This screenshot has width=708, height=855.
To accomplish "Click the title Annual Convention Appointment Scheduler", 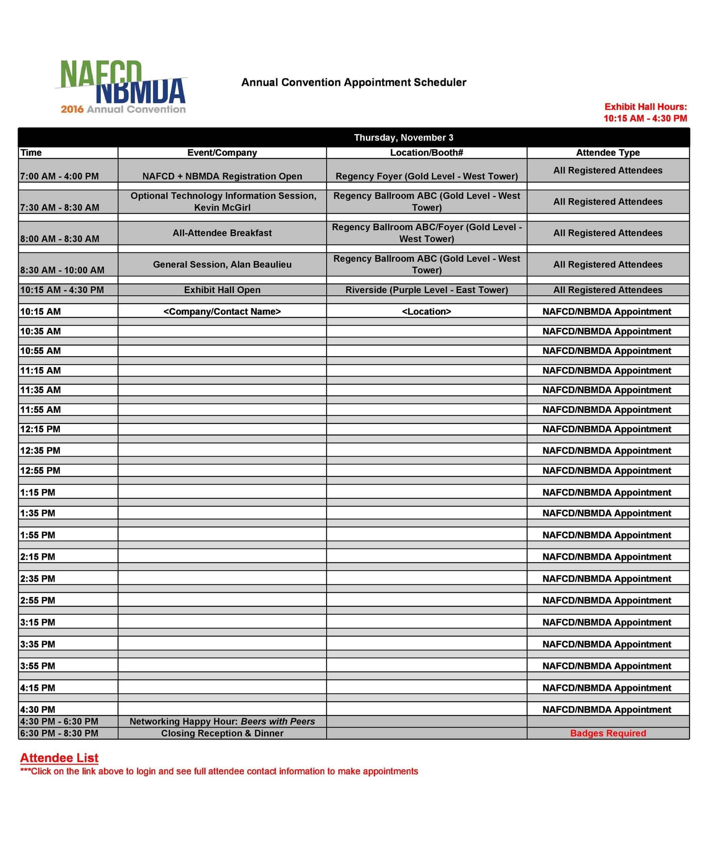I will (x=353, y=82).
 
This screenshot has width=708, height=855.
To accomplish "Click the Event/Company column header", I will (x=222, y=153).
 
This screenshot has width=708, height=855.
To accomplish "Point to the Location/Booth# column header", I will (x=426, y=153).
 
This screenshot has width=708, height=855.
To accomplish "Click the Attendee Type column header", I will (x=607, y=153).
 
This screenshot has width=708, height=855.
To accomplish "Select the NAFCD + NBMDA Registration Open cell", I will (x=222, y=176).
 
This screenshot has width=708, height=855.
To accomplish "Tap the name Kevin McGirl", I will (x=222, y=208).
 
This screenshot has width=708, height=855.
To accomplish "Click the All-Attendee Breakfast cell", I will (x=222, y=233).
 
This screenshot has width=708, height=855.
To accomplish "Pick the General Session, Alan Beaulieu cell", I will (x=222, y=265).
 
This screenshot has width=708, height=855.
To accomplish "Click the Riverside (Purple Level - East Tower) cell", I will (x=426, y=290).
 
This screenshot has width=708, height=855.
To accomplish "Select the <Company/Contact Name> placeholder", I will (x=222, y=312).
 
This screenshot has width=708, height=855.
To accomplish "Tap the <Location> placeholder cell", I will (x=426, y=312).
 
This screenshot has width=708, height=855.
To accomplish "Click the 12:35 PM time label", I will (x=40, y=451).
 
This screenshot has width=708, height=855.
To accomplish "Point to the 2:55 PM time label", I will (x=38, y=601).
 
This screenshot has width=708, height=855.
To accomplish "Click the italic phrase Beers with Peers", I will (x=278, y=722).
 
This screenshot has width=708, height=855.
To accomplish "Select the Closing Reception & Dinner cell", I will (x=222, y=733).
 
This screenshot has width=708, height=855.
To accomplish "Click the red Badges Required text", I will (x=607, y=733).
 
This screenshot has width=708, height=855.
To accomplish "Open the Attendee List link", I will (x=60, y=758).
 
